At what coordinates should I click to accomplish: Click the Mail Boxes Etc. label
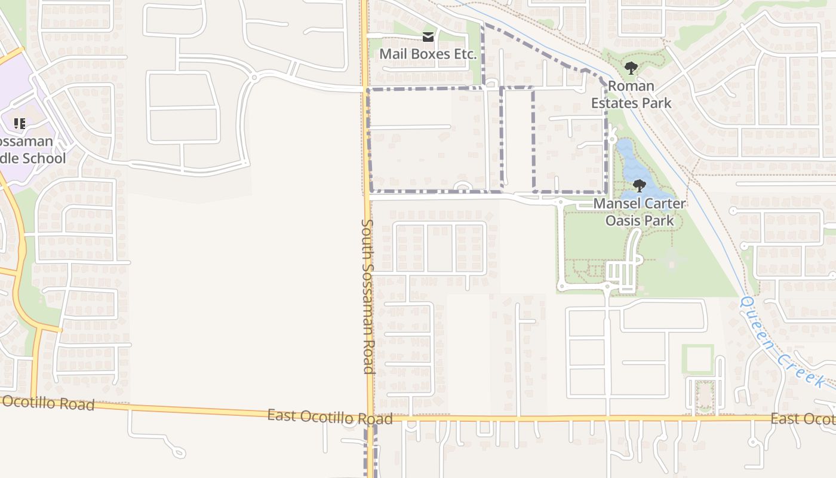click(x=428, y=54)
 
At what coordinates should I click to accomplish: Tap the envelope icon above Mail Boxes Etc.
click(x=428, y=38)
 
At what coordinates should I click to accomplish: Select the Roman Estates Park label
click(x=631, y=94)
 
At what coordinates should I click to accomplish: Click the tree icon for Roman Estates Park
click(x=631, y=69)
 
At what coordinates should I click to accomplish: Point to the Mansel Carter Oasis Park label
click(x=640, y=212)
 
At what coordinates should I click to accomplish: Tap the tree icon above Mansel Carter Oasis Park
click(x=639, y=186)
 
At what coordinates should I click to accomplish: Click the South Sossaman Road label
click(x=367, y=296)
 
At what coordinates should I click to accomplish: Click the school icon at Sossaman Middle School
click(x=19, y=124)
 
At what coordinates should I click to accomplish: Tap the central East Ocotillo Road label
click(x=330, y=416)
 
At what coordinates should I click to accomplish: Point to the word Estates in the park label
click(x=613, y=103)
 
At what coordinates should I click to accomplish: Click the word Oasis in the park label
click(x=621, y=220)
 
